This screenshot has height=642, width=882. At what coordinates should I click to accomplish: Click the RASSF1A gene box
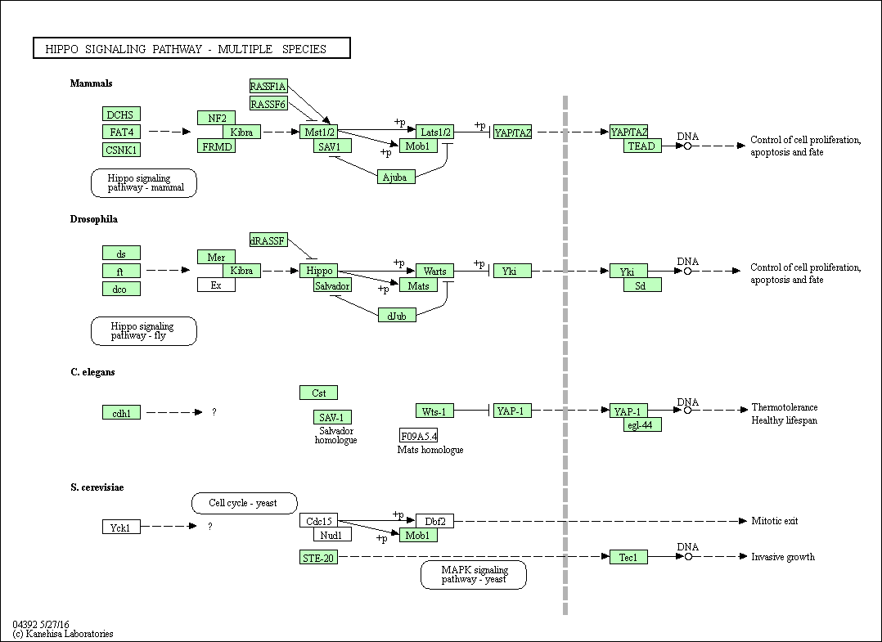(x=268, y=86)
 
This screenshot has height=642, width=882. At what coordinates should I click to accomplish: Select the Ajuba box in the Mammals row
(x=396, y=177)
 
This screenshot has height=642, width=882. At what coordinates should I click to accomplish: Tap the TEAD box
(x=642, y=146)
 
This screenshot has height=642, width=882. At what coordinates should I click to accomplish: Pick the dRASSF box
(x=268, y=240)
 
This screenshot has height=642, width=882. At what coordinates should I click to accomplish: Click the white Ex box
(x=217, y=285)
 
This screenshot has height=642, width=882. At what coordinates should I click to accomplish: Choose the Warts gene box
(x=434, y=271)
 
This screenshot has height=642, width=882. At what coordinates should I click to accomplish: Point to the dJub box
(x=397, y=316)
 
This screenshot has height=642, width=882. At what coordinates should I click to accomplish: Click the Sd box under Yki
(x=642, y=285)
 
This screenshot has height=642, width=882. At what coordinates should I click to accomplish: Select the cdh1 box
(x=121, y=413)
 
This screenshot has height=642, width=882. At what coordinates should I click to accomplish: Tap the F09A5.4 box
(x=419, y=436)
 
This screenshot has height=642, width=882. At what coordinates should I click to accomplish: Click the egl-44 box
(x=642, y=424)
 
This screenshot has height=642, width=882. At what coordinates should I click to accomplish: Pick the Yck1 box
(x=121, y=527)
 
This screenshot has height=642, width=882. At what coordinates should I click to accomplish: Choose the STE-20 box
(x=319, y=557)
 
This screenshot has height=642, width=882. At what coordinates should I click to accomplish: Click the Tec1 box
(x=629, y=557)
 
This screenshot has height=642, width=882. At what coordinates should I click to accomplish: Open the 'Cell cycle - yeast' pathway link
(x=245, y=503)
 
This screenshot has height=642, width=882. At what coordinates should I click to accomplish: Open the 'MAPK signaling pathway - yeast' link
(x=474, y=575)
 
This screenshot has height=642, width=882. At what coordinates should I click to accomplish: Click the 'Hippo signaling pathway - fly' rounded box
(x=144, y=330)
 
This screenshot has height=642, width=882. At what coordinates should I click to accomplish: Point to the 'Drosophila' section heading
(x=94, y=219)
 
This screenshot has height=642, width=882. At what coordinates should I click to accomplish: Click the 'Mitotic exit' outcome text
(x=775, y=521)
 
